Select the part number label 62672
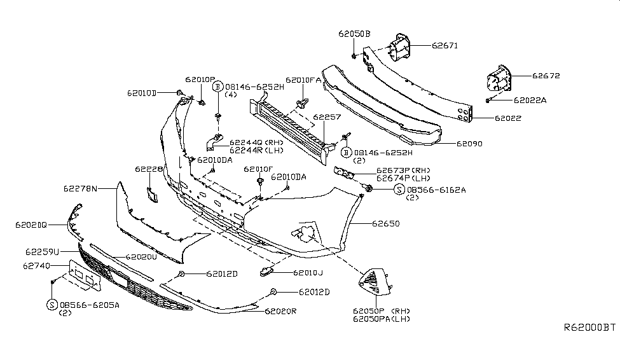546,76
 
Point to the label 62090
469,144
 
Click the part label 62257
326,118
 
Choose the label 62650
385,224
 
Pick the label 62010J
308,273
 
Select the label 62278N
80,189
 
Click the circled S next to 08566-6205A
52,305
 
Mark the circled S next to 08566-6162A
399,190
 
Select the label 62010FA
303,80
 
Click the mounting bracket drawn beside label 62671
398,48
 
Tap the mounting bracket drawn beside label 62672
498,81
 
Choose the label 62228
149,169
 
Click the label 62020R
282,311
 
